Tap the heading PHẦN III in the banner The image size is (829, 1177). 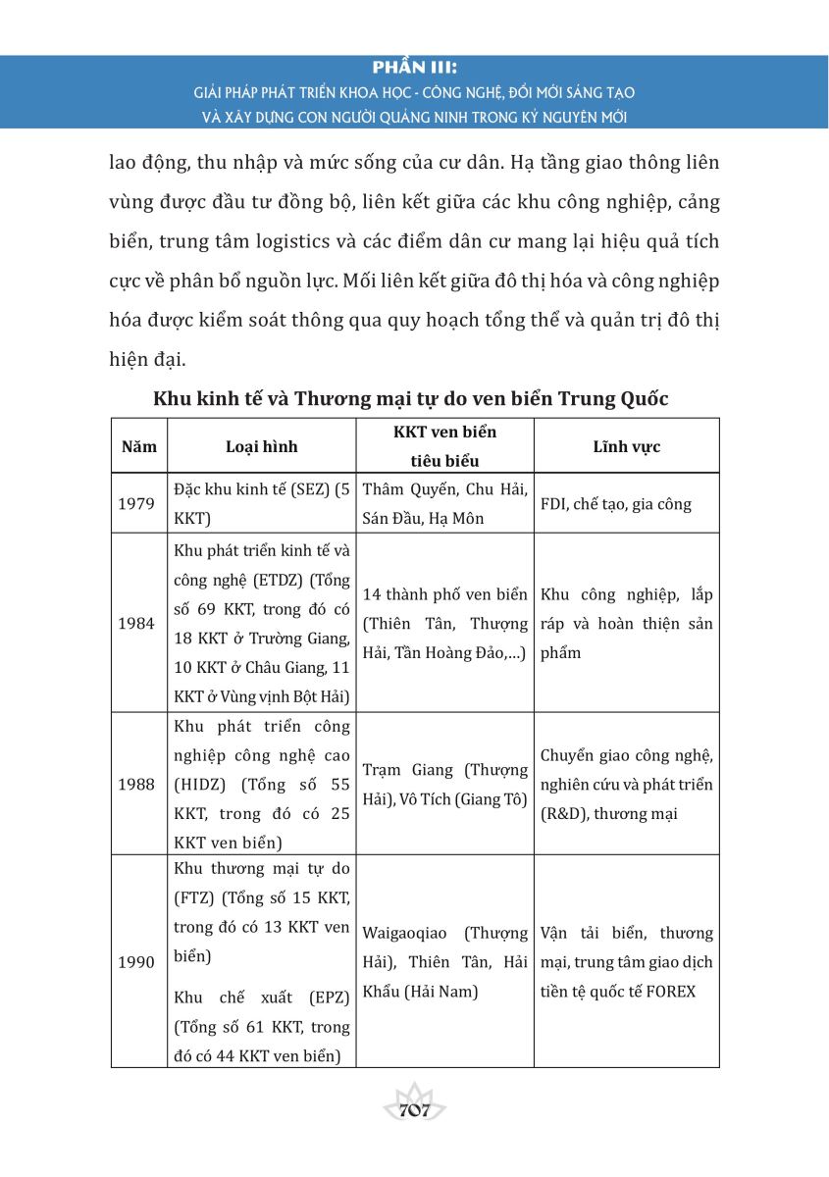415,70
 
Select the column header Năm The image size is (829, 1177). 138,447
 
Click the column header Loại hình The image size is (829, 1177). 261,447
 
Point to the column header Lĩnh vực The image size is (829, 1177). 626,447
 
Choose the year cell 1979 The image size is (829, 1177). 138,504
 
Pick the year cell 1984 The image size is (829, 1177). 138,624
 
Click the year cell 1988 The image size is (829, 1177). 138,785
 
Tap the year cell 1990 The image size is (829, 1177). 138,962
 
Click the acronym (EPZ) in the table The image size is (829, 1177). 316,998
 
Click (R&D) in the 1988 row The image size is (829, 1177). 563,814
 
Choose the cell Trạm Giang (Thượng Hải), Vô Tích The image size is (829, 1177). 445,785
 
